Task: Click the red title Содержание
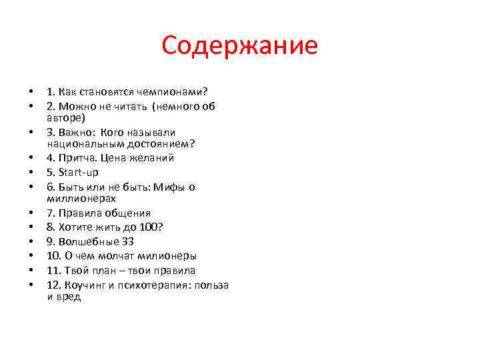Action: (x=239, y=46)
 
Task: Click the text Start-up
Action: (x=79, y=173)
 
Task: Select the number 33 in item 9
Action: (x=128, y=241)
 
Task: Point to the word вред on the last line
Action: (x=68, y=296)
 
